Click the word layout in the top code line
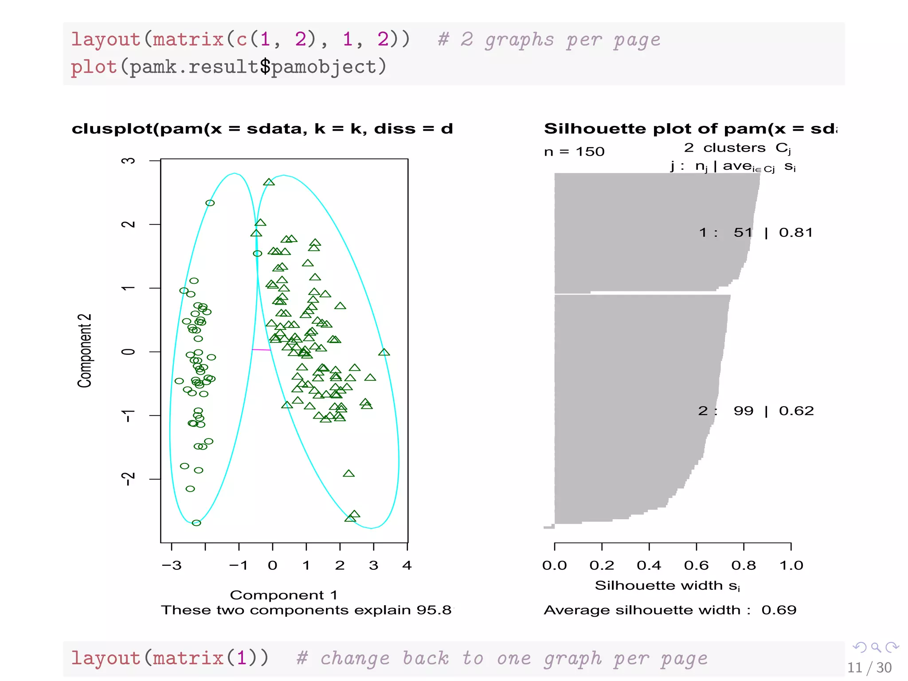pyautogui.click(x=106, y=40)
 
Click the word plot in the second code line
pyautogui.click(x=94, y=67)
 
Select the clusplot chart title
pyautogui.click(x=262, y=129)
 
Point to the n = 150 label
pyautogui.click(x=574, y=152)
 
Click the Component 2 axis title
pyautogui.click(x=84, y=351)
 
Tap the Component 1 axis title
pyautogui.click(x=284, y=595)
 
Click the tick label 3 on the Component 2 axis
pyautogui.click(x=128, y=160)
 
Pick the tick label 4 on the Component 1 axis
pyautogui.click(x=407, y=566)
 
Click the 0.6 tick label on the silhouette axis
pyautogui.click(x=696, y=566)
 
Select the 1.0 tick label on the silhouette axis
pyautogui.click(x=791, y=566)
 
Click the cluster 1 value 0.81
pyautogui.click(x=796, y=233)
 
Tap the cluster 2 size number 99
pyautogui.click(x=744, y=411)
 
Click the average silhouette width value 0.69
pyautogui.click(x=779, y=610)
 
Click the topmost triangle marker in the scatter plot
pyautogui.click(x=269, y=182)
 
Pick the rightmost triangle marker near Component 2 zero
pyautogui.click(x=384, y=352)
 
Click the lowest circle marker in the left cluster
pyautogui.click(x=196, y=523)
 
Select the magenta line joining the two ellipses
pyautogui.click(x=261, y=350)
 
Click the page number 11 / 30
pyautogui.click(x=869, y=668)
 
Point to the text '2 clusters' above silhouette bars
pyautogui.click(x=724, y=148)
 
